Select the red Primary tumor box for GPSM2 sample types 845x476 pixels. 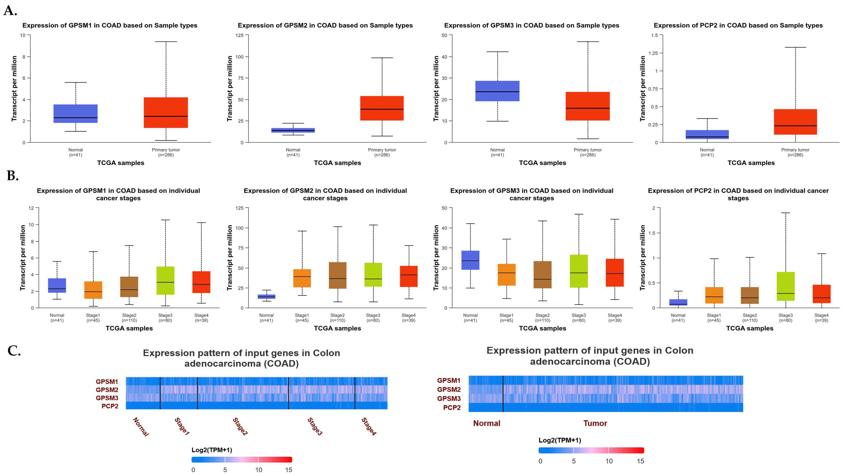pos(382,108)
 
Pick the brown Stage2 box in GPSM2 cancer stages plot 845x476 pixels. pos(338,275)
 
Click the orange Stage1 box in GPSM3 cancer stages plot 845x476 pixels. pos(507,275)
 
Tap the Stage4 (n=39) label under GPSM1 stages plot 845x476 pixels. pos(201,317)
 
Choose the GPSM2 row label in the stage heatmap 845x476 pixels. pos(107,390)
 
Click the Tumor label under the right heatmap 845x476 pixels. pos(595,423)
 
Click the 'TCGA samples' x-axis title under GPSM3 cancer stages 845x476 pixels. pos(542,328)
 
